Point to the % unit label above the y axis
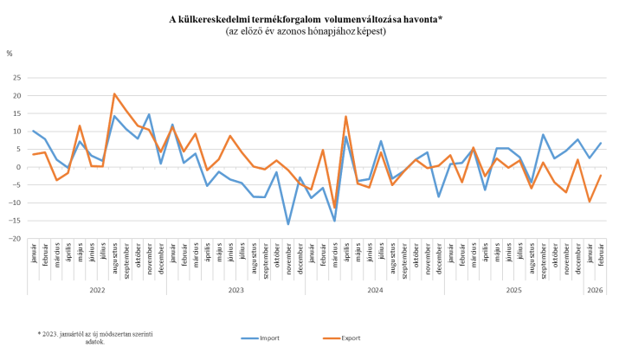click(10, 53)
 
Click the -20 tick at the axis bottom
click(16, 238)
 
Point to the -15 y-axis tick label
click(16, 220)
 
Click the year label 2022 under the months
click(97, 290)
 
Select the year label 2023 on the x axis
click(235, 290)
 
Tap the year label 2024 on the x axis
click(374, 290)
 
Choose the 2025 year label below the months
click(513, 290)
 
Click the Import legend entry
click(263, 338)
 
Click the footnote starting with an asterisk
click(95, 336)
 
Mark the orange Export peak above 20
click(114, 93)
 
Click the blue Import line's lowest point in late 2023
click(288, 224)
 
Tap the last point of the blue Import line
click(600, 143)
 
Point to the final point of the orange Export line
click(600, 176)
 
